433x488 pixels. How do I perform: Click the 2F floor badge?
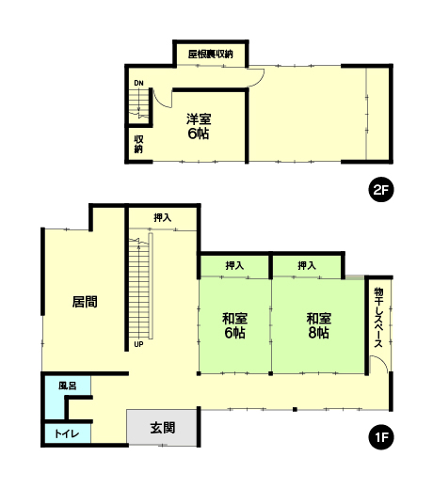[x=381, y=190]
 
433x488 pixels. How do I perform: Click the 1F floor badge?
[x=381, y=437]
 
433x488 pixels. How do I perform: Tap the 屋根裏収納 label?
[x=211, y=55]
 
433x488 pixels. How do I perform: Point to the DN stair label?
[x=138, y=83]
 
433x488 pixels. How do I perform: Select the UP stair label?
[x=138, y=344]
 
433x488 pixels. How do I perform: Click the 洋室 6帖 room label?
[x=199, y=126]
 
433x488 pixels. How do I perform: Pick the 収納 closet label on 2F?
[x=138, y=144]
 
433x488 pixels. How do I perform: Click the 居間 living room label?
[x=85, y=302]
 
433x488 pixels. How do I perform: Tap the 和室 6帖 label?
[x=234, y=325]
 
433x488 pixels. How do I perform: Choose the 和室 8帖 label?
[x=319, y=325]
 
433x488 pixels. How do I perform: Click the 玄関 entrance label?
[x=163, y=428]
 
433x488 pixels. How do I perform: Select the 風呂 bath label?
[x=68, y=386]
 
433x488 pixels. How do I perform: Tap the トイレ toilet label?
[x=67, y=433]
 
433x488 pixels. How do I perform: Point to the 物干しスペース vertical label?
[x=378, y=318]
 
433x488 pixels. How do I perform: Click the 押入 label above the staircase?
[x=163, y=217]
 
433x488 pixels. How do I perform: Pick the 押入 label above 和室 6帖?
[x=234, y=266]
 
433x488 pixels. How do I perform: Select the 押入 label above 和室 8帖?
[x=307, y=266]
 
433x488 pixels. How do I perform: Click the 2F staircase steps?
[x=138, y=103]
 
